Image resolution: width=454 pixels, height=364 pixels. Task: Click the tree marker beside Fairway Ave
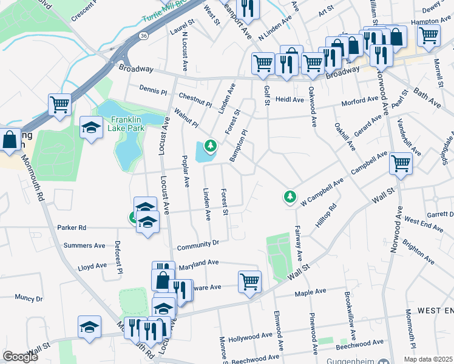point(291,197)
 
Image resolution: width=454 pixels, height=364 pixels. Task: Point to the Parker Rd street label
point(72,228)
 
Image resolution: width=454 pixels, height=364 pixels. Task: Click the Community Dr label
point(197,244)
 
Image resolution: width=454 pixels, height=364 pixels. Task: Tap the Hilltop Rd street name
point(325,216)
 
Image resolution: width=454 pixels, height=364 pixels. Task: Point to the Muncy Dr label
point(29,298)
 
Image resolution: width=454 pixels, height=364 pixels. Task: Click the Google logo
point(21,357)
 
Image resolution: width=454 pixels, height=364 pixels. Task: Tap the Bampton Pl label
point(239,145)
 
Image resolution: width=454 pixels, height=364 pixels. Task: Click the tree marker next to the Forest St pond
point(211,146)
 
